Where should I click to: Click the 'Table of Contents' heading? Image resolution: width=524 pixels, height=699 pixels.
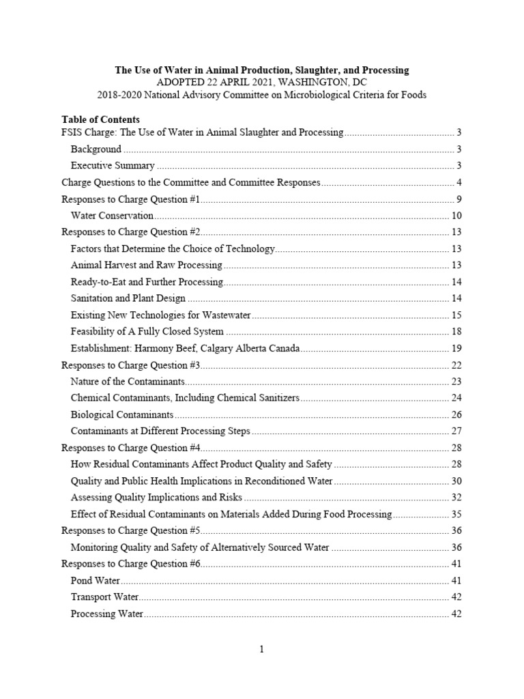click(x=100, y=119)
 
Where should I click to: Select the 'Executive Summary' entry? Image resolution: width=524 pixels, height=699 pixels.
click(x=113, y=165)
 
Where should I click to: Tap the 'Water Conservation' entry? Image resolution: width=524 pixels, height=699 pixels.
click(x=112, y=215)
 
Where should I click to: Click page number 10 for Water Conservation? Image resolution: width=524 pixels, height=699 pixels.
click(x=456, y=215)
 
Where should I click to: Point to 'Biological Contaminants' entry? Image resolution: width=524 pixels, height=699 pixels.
click(x=122, y=414)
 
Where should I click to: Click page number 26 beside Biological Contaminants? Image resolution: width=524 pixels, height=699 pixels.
click(x=456, y=414)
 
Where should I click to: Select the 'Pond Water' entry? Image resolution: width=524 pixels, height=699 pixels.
click(x=96, y=580)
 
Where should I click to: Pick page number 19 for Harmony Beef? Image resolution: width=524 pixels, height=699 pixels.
click(x=456, y=348)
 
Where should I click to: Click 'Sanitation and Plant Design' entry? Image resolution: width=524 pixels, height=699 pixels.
click(x=128, y=298)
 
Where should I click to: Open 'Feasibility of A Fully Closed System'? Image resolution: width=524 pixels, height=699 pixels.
click(x=147, y=331)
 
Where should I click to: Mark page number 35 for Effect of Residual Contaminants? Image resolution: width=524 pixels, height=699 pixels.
click(x=456, y=514)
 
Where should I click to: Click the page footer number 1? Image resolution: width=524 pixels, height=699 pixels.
click(x=261, y=648)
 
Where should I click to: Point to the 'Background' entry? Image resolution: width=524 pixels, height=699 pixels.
click(x=96, y=149)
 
